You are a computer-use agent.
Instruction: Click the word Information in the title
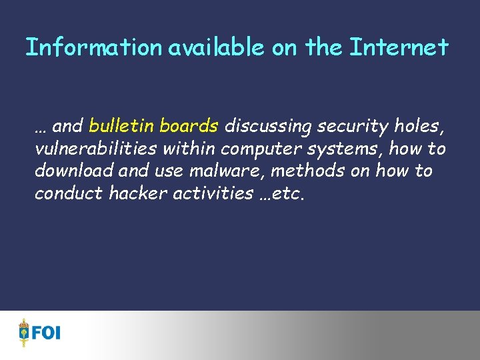pos(93,47)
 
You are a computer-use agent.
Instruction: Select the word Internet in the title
pos(399,47)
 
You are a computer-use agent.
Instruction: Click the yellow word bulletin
pos(122,125)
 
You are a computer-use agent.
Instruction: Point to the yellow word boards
pos(189,125)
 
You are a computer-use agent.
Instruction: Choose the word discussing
pos(268,126)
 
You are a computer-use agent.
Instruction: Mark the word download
pos(74,171)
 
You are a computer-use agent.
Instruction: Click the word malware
pos(227,171)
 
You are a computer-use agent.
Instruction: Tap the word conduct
pos(64,193)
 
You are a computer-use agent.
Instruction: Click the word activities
pos(210,193)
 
